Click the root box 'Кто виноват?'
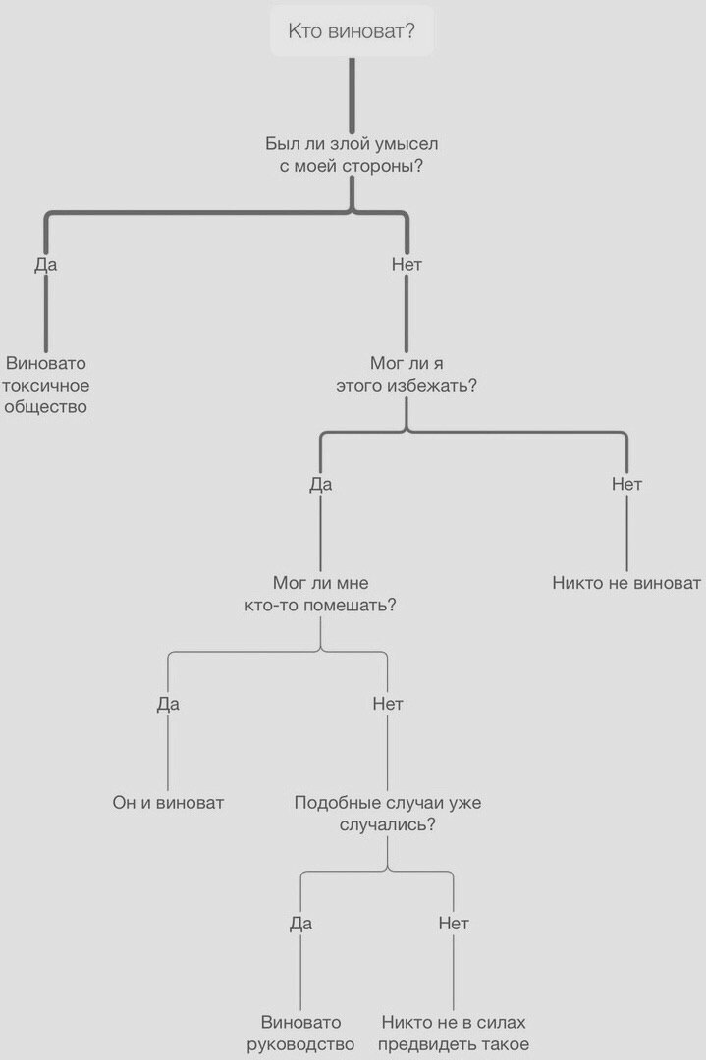(352, 32)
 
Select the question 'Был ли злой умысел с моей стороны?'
(352, 155)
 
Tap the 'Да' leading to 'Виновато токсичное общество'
(45, 264)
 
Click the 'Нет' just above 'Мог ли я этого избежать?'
(407, 264)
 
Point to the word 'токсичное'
(47, 385)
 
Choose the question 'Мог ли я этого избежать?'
(407, 374)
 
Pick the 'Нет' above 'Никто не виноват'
(626, 484)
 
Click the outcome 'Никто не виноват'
(626, 583)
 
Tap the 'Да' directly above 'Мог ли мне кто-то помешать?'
(320, 484)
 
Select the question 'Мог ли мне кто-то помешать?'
(320, 594)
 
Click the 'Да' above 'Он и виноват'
(168, 704)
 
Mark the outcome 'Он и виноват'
(168, 803)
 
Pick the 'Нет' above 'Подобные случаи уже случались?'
(388, 704)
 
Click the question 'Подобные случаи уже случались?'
(388, 814)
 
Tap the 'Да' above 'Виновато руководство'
(300, 924)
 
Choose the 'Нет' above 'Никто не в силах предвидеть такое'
(454, 924)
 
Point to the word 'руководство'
(301, 1044)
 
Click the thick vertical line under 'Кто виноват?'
(352, 93)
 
